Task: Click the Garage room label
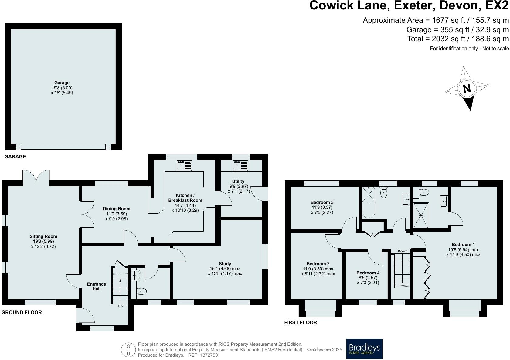[62, 83]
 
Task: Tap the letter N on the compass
[467, 88]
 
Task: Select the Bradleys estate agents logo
[364, 349]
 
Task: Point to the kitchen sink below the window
[184, 166]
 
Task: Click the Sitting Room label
[43, 236]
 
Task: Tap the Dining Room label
[116, 209]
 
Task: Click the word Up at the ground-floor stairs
[120, 306]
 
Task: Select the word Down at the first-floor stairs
[403, 251]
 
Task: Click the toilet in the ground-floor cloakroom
[141, 292]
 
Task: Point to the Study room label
[225, 264]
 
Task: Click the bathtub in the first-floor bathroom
[369, 202]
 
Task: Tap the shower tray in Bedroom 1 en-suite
[421, 215]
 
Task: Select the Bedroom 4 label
[368, 273]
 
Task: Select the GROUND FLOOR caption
[22, 312]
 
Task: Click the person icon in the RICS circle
[128, 350]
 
